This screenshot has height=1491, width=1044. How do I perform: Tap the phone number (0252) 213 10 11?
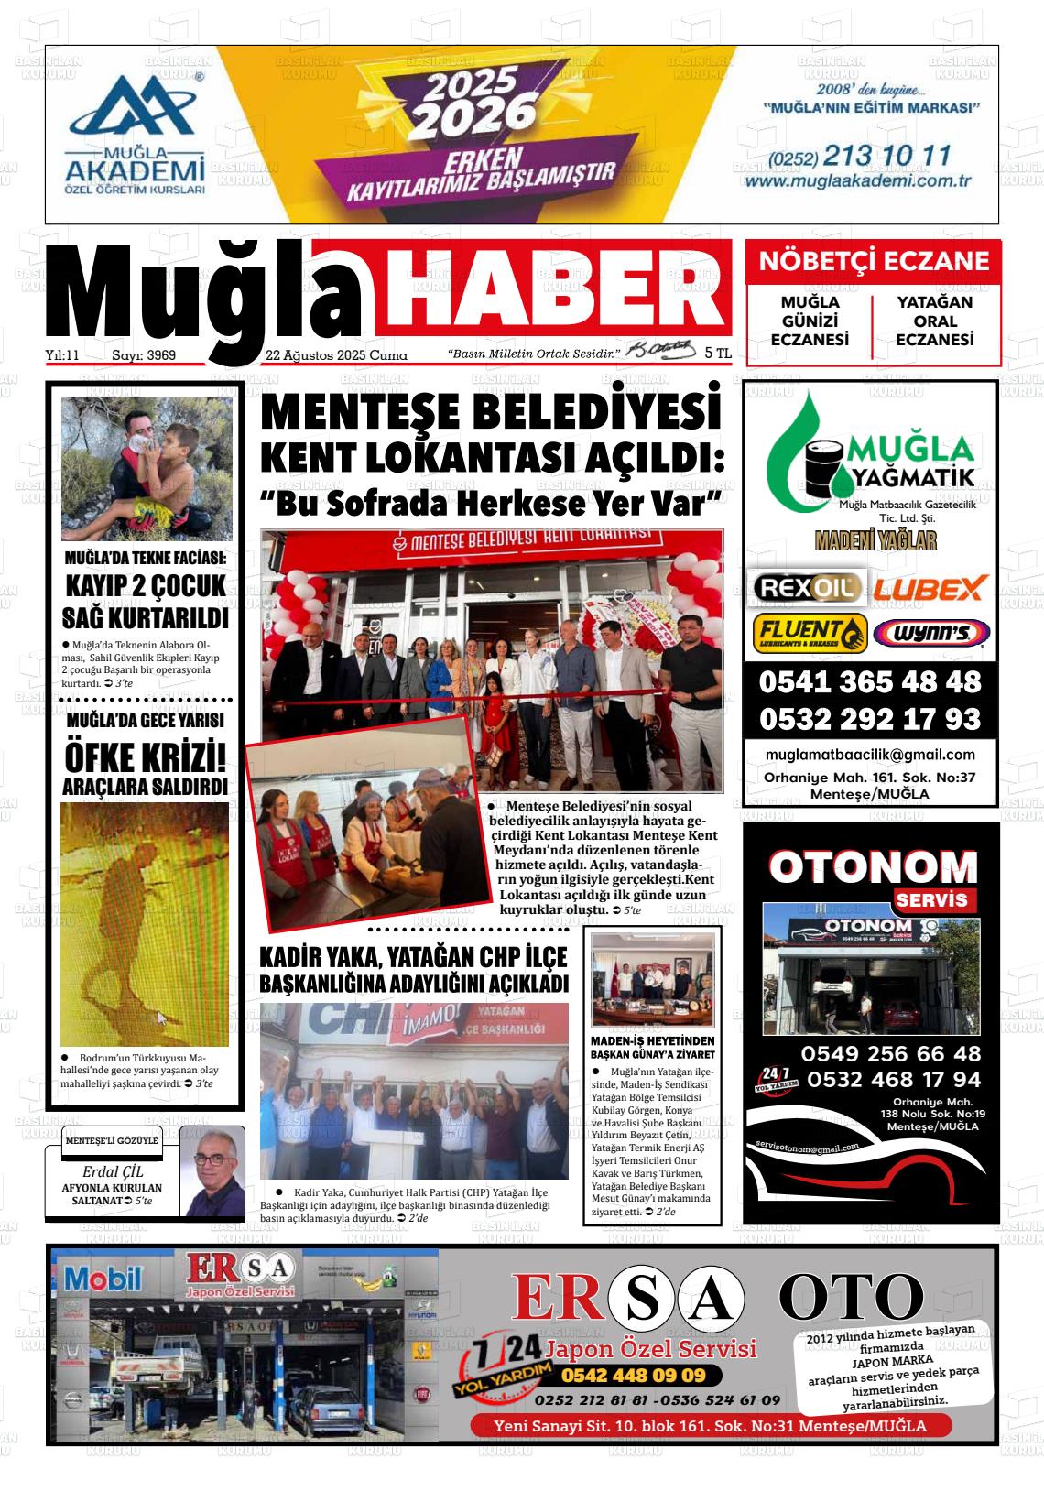[x=846, y=157]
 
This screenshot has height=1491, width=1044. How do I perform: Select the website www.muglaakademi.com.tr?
[x=844, y=181]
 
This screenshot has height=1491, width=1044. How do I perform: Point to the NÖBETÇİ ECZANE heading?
[x=874, y=261]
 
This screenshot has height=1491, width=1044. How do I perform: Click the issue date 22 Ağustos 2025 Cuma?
[x=336, y=355]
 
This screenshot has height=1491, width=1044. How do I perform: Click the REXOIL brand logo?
[x=807, y=587]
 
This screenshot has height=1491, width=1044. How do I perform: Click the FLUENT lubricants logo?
[x=809, y=632]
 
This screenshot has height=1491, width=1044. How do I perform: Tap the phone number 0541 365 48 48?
[x=869, y=682]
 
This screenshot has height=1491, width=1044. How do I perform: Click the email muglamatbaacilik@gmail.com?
[x=869, y=755]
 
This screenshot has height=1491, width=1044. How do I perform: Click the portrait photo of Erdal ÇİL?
[x=212, y=1170]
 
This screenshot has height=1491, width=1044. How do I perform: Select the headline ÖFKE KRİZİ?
[x=145, y=758]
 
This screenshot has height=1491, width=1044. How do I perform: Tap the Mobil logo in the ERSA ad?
[x=103, y=1276]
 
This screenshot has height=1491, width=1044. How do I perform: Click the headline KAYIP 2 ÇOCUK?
[x=145, y=585]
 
